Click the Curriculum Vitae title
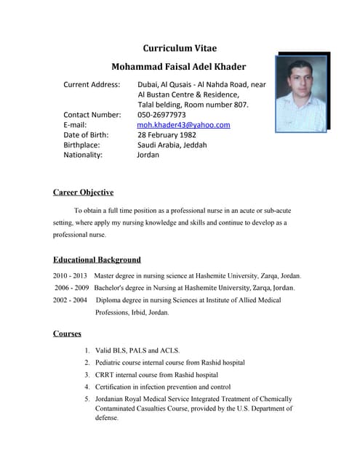coord(179,49)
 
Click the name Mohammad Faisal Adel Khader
coord(178,67)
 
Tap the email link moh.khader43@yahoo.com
coord(183,125)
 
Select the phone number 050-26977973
coord(161,115)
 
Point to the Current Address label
coord(92,84)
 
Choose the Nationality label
coord(83,155)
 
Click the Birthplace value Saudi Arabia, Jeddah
coord(172,145)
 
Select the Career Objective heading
coord(83,193)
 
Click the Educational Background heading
coord(97,259)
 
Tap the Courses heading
coord(67,333)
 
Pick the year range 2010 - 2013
coord(70,276)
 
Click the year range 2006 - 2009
coord(71,288)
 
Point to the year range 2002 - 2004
coord(70,299)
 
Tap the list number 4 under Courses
coord(87,387)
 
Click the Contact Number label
coord(92,115)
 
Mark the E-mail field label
coord(75,125)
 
